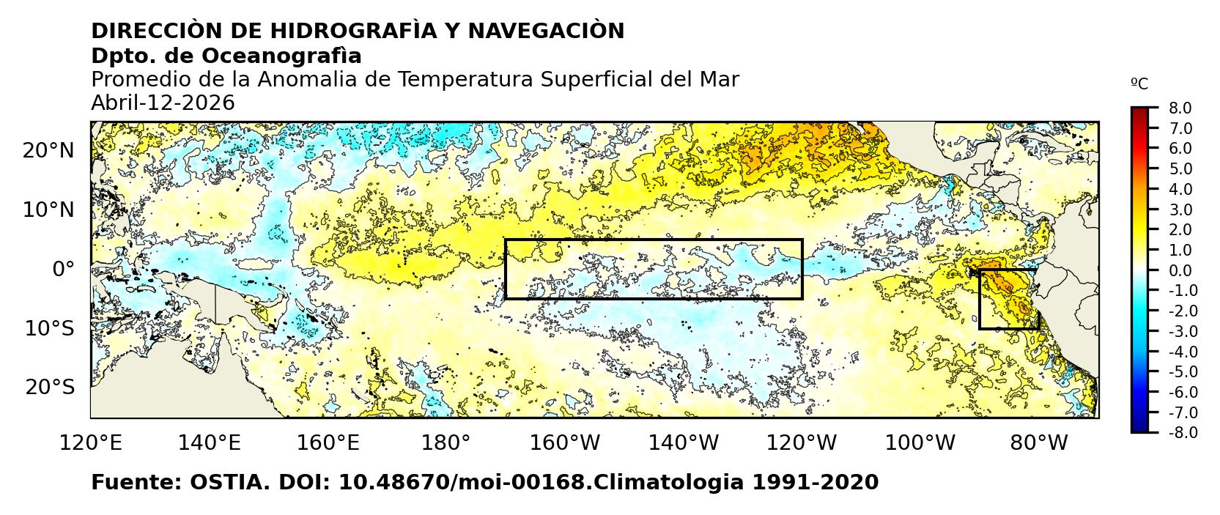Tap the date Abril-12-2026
[x=163, y=103]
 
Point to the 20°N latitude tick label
[x=48, y=151]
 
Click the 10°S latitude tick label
[x=49, y=328]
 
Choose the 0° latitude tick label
[x=63, y=270]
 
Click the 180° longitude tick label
[x=446, y=443]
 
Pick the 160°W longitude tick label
[x=565, y=443]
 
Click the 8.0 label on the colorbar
[x=1180, y=108]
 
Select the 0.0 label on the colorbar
[x=1180, y=271]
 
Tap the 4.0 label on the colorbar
[x=1180, y=190]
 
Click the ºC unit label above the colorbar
[x=1139, y=84]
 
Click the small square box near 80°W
[x=1008, y=300]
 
